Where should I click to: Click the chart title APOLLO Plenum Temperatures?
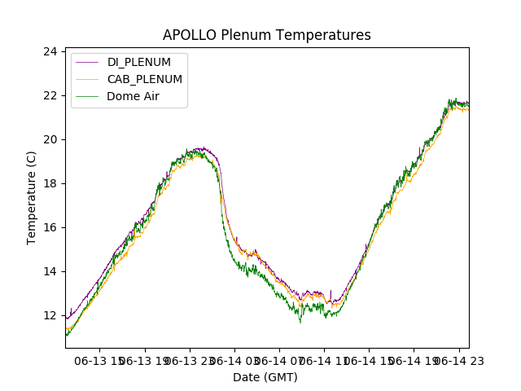[x=266, y=35]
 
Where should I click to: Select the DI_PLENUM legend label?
[x=138, y=63]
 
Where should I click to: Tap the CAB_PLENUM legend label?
[x=144, y=79]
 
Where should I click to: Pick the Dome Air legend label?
[x=134, y=95]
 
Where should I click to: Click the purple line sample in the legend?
[x=86, y=63]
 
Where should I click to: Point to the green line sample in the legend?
[x=86, y=95]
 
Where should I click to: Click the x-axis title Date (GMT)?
[x=265, y=377]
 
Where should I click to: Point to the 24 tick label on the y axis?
[x=50, y=51]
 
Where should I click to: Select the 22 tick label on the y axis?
[x=50, y=95]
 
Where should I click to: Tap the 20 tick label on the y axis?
[x=50, y=139]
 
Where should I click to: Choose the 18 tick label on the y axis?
[x=50, y=183]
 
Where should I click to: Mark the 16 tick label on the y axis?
[x=50, y=227]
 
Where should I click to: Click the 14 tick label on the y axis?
[x=50, y=271]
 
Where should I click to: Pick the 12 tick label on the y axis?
[x=50, y=315]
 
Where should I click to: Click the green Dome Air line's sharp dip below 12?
[x=300, y=322]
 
